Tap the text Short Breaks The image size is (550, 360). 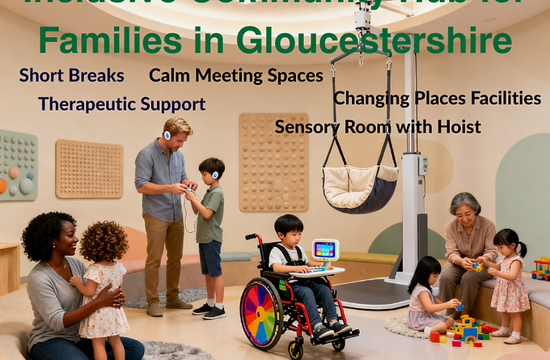coord(72,76)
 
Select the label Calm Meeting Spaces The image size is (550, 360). coord(236,76)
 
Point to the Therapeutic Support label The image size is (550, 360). coord(121,104)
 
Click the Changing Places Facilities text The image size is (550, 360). coord(438,99)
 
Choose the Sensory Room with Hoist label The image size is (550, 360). coord(378,126)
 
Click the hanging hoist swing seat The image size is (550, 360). coord(360,186)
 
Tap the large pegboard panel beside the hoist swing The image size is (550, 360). coord(273,162)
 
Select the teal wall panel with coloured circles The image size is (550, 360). coord(18,165)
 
